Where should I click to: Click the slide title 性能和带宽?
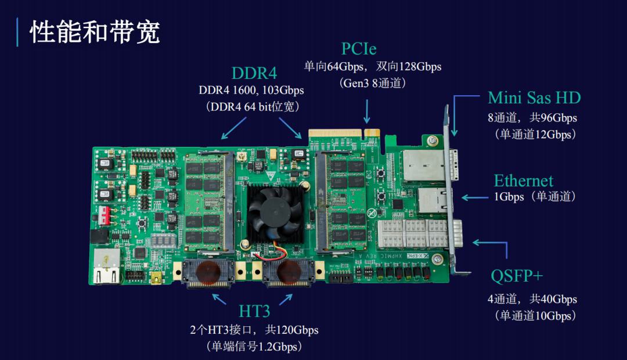pyautogui.click(x=95, y=32)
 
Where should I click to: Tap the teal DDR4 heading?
pyautogui.click(x=254, y=73)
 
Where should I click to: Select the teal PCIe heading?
pyautogui.click(x=359, y=49)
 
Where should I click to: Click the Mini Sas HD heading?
pyautogui.click(x=534, y=98)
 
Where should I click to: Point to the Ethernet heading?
pyautogui.click(x=524, y=181)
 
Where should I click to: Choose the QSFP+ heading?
pyautogui.click(x=517, y=276)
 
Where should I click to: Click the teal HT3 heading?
pyautogui.click(x=254, y=311)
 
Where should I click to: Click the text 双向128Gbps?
pyautogui.click(x=409, y=66)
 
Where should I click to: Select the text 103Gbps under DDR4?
pyautogui.click(x=283, y=90)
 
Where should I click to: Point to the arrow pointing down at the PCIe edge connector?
pyautogui.click(x=367, y=111)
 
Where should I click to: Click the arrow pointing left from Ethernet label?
pyautogui.click(x=475, y=197)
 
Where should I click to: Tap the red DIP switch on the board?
pyautogui.click(x=104, y=215)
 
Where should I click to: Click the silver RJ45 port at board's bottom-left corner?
pyautogui.click(x=107, y=267)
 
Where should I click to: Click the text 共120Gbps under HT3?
pyautogui.click(x=291, y=330)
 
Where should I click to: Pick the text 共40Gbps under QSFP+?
pyautogui.click(x=553, y=299)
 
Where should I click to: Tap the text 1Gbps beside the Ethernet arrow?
pyautogui.click(x=509, y=197)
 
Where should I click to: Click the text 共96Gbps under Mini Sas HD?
pyautogui.click(x=553, y=118)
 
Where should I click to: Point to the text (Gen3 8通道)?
pyautogui.click(x=373, y=83)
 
